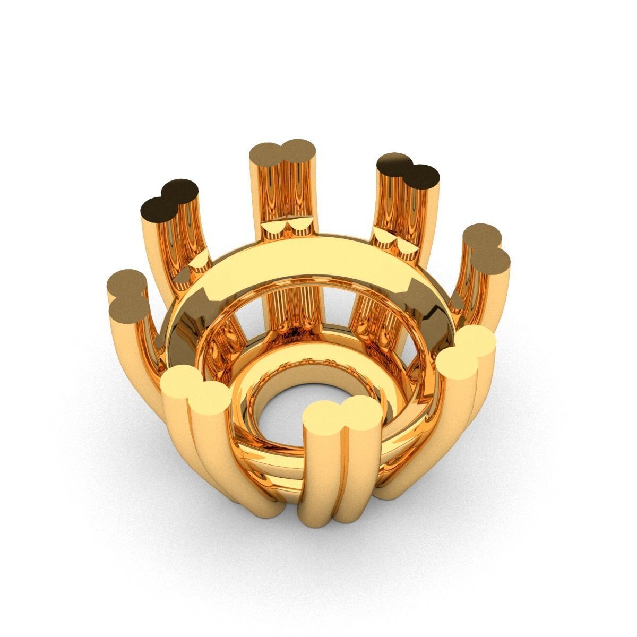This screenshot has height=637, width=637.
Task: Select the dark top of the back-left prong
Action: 170,196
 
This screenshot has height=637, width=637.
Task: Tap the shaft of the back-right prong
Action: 409,212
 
